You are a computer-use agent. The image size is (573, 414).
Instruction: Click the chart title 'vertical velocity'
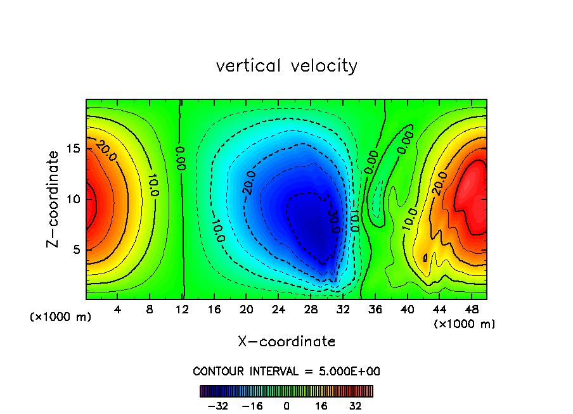coord(286,66)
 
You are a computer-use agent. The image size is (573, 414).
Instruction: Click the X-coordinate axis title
coord(286,342)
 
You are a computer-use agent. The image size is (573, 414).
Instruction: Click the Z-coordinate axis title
coord(55,199)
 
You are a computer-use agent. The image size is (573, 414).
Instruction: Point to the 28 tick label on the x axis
coord(311,310)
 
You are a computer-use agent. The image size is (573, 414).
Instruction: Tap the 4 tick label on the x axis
coord(118,310)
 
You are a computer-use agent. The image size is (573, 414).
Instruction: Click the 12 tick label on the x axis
coord(182,310)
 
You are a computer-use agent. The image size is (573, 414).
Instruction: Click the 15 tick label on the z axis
coord(73,148)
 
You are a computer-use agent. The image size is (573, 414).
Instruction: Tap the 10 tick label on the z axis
coord(73,199)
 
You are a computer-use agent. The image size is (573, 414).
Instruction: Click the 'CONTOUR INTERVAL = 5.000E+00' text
coord(286,371)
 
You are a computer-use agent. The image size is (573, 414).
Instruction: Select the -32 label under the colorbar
coord(218,406)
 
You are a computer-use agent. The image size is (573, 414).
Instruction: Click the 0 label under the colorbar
coord(286,406)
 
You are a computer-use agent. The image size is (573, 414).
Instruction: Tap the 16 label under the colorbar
coord(321,406)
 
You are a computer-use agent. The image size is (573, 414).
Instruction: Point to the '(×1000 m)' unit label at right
coord(464,324)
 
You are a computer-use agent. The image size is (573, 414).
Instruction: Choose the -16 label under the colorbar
coord(252,406)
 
